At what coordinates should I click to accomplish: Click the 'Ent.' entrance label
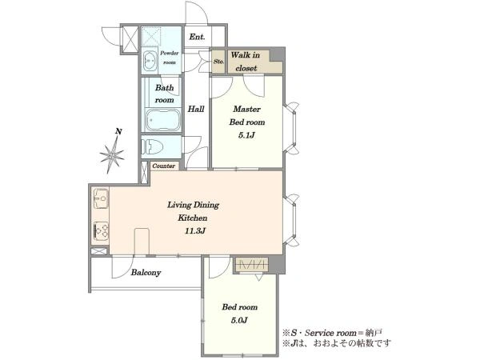[197, 37]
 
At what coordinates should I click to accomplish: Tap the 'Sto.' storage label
[218, 62]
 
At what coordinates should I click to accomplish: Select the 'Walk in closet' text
[246, 62]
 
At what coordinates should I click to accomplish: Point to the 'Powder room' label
[170, 58]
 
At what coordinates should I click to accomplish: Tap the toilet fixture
[151, 146]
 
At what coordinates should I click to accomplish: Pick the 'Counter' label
[164, 166]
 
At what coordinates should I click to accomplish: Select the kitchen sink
[101, 198]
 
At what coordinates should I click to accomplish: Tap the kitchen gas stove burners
[101, 230]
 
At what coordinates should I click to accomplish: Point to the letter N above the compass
[118, 132]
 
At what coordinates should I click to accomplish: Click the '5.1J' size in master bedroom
[246, 135]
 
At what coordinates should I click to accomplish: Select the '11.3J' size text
[194, 231]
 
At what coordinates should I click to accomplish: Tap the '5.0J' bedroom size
[239, 321]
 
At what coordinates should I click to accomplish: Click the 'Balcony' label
[146, 273]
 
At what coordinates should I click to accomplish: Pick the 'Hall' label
[196, 109]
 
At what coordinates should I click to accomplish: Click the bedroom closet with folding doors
[251, 264]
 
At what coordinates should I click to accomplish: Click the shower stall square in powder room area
[151, 36]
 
